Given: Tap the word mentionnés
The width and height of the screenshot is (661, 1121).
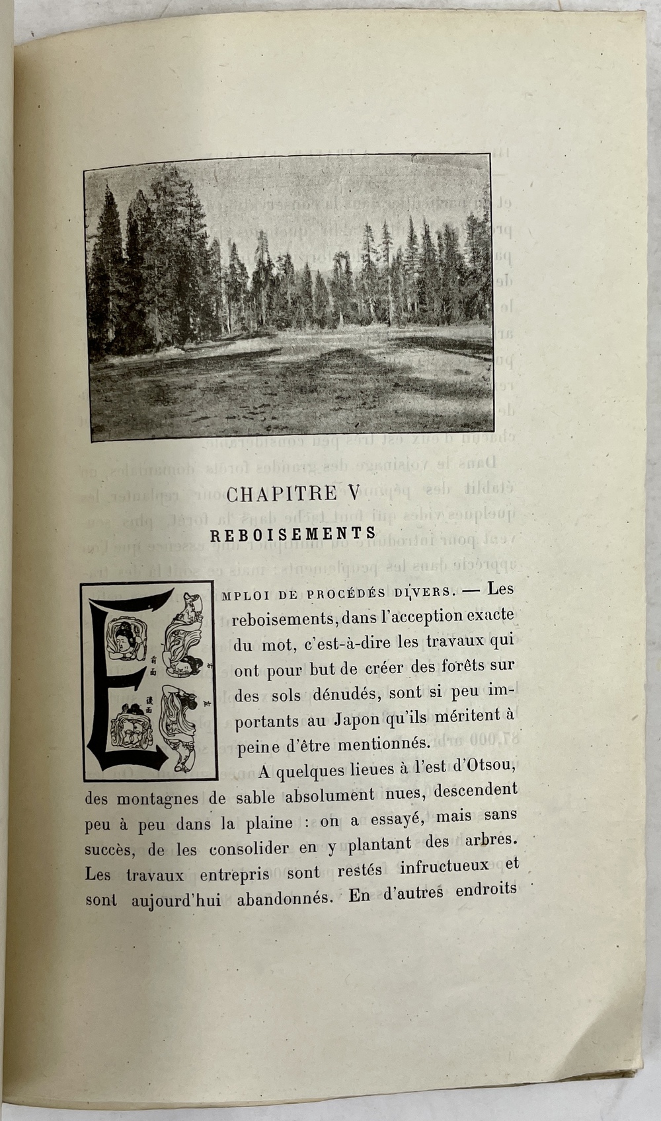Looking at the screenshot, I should [383, 744].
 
